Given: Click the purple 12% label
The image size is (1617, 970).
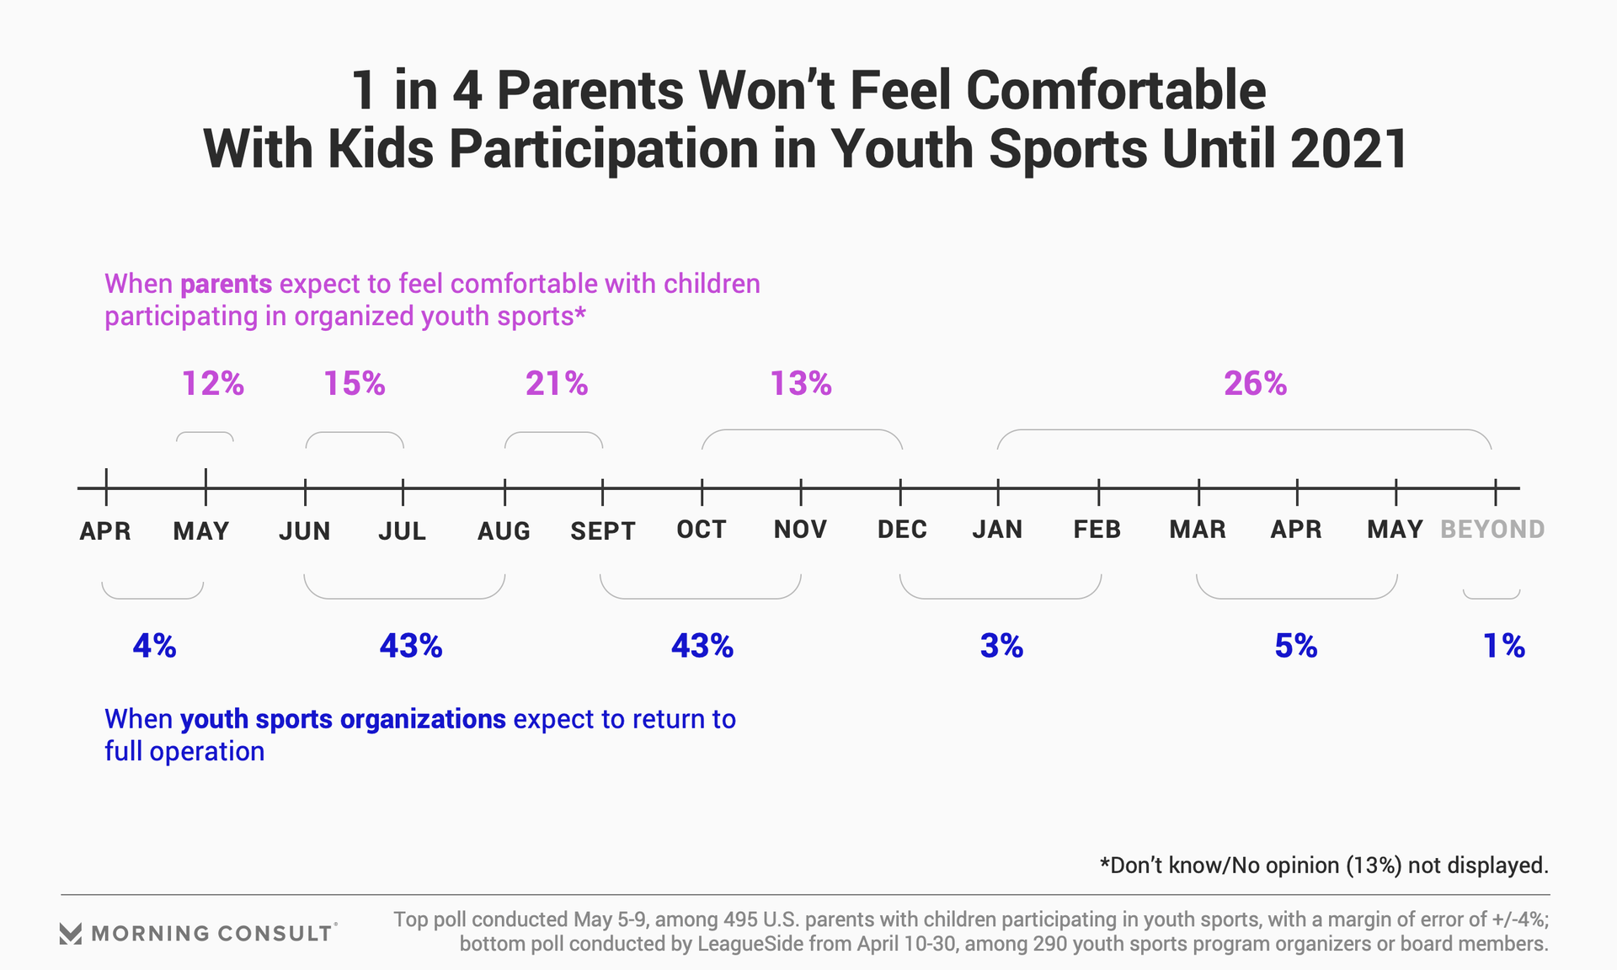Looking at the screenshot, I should tap(213, 384).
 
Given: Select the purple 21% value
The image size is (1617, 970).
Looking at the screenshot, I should tap(557, 384).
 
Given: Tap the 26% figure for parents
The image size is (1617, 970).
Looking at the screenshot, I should tap(1255, 384).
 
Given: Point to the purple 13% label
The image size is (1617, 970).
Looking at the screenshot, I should tap(801, 384).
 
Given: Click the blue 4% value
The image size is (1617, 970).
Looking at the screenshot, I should tap(155, 646).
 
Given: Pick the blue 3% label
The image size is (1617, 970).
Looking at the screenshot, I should tap(1001, 646).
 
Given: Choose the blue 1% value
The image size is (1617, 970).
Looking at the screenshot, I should tap(1504, 646).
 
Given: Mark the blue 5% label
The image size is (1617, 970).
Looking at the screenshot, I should tap(1296, 646).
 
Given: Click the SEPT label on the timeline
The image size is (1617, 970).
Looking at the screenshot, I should tap(603, 530).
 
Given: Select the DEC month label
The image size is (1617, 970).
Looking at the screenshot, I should tap(902, 530).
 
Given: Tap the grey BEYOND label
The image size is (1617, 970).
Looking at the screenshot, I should tap(1492, 530).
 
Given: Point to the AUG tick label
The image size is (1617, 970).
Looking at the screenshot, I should tap(504, 530).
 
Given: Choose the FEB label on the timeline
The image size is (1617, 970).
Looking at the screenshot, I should tap(1097, 530).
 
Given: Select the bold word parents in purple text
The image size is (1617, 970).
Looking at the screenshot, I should tap(226, 284).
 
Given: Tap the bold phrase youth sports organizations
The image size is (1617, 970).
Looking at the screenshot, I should tap(343, 719).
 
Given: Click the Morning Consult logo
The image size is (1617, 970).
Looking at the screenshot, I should tap(199, 933).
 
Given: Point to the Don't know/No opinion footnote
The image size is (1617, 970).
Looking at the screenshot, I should tap(1324, 866).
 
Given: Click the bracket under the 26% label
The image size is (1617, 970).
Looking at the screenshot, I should tap(1245, 431).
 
